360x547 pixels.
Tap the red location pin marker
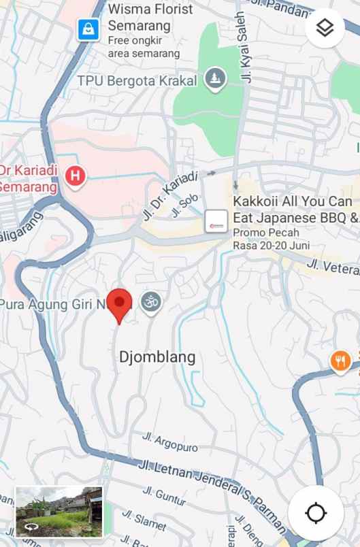[120, 303]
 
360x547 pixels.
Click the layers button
[325, 28]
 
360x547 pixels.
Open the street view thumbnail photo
[59, 512]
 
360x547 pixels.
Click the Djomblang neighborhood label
[157, 357]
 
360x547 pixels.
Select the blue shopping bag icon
[88, 29]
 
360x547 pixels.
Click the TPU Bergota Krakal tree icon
[216, 79]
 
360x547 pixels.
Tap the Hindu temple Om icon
[151, 301]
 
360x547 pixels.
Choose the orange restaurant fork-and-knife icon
[340, 361]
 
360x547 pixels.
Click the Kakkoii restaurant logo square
[216, 220]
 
